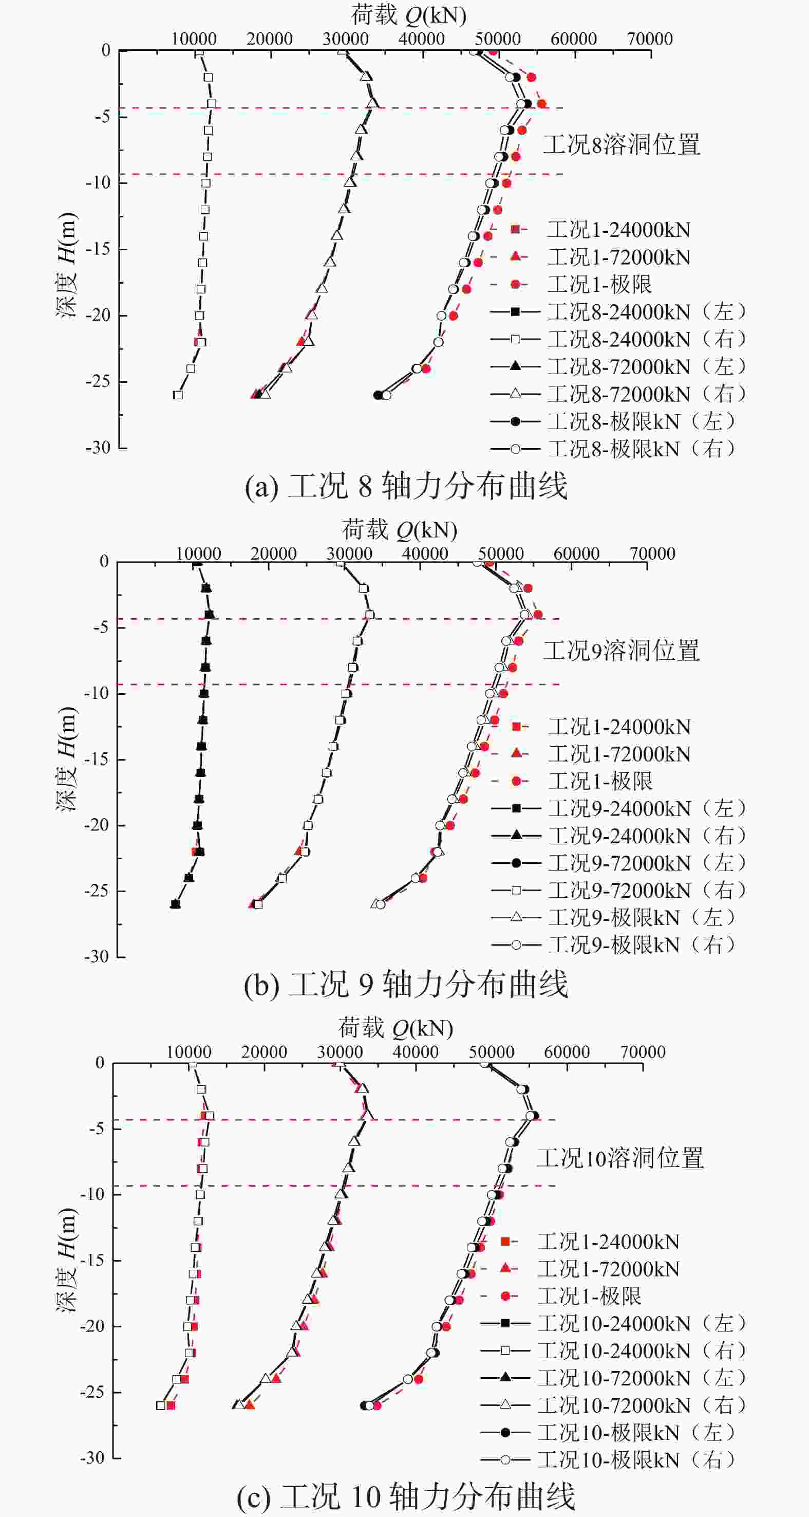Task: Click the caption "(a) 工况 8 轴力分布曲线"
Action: pos(406,487)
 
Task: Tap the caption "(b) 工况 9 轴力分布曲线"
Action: pos(406,984)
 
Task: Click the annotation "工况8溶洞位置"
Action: pos(621,145)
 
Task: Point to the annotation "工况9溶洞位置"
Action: pos(621,651)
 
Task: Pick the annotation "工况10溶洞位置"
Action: pos(620,1158)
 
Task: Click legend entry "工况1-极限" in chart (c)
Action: pos(589,1296)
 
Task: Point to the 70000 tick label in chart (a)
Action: pos(649,39)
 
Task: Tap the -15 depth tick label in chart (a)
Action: pos(98,249)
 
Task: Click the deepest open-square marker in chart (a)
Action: pos(178,395)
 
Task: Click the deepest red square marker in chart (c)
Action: pos(171,1405)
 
